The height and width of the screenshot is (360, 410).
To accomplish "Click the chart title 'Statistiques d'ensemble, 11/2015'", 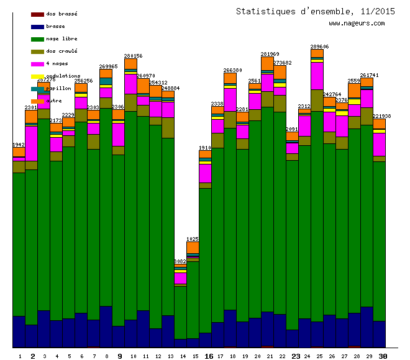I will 315,11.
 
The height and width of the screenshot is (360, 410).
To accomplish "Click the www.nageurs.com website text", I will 357,24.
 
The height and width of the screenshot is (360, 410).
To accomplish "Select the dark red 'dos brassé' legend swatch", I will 37,14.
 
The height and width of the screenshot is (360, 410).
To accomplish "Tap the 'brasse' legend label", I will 55,26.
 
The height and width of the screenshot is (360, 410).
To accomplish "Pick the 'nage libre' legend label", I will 61,38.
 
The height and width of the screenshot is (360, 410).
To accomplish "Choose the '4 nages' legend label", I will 57,63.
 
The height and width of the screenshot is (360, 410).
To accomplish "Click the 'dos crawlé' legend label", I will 61,51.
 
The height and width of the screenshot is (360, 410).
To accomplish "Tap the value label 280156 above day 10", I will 133,56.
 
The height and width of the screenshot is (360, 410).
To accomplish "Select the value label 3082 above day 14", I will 180,261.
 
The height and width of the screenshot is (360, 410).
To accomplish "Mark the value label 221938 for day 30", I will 381,116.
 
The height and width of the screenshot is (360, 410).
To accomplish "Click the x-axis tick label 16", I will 209,356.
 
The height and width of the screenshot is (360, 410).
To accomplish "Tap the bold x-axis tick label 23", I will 296,356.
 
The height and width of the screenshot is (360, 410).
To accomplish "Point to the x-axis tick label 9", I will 119,356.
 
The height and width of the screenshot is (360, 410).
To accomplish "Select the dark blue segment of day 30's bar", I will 379,334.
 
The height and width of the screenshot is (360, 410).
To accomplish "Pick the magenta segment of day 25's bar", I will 317,76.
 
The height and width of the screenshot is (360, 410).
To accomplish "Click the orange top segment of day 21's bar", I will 267,63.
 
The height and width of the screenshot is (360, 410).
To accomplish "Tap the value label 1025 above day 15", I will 193,239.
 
